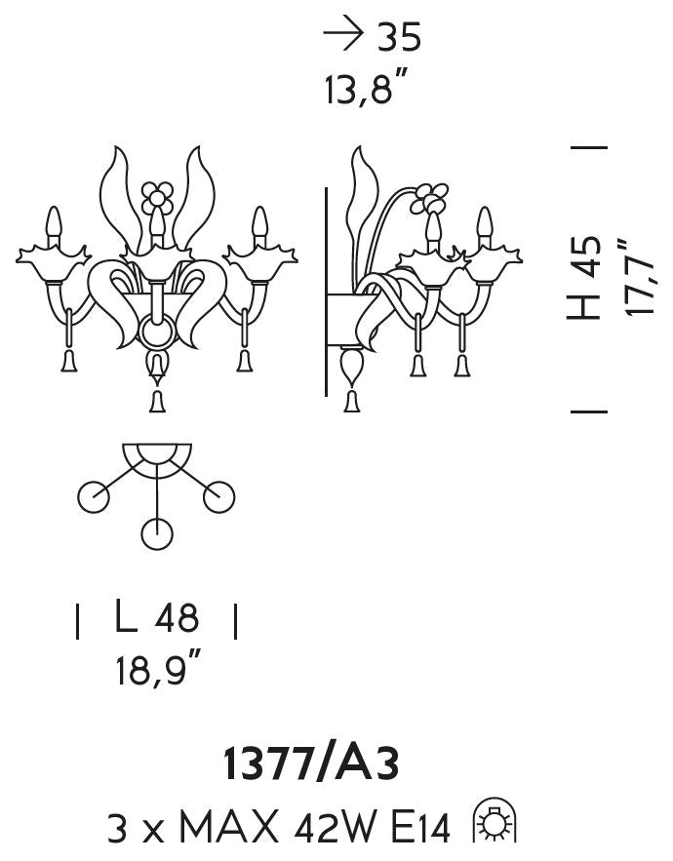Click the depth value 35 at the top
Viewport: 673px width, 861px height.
(x=399, y=37)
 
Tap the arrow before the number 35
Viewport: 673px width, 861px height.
(x=342, y=33)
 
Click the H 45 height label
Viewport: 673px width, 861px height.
(x=583, y=278)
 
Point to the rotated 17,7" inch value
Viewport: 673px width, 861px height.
(x=640, y=277)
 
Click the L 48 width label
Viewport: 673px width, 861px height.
(x=157, y=616)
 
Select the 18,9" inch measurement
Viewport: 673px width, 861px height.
(x=158, y=667)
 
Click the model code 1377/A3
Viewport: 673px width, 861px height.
(x=311, y=763)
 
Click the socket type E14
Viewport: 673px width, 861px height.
(x=420, y=828)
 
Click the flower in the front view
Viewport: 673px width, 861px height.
(x=157, y=197)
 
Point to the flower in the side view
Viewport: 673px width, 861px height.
(x=429, y=199)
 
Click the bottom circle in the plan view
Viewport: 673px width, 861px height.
(x=157, y=533)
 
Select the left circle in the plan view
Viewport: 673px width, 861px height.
(x=94, y=497)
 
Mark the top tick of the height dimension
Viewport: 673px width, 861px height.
(x=589, y=147)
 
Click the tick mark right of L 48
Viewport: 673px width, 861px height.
(x=236, y=621)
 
